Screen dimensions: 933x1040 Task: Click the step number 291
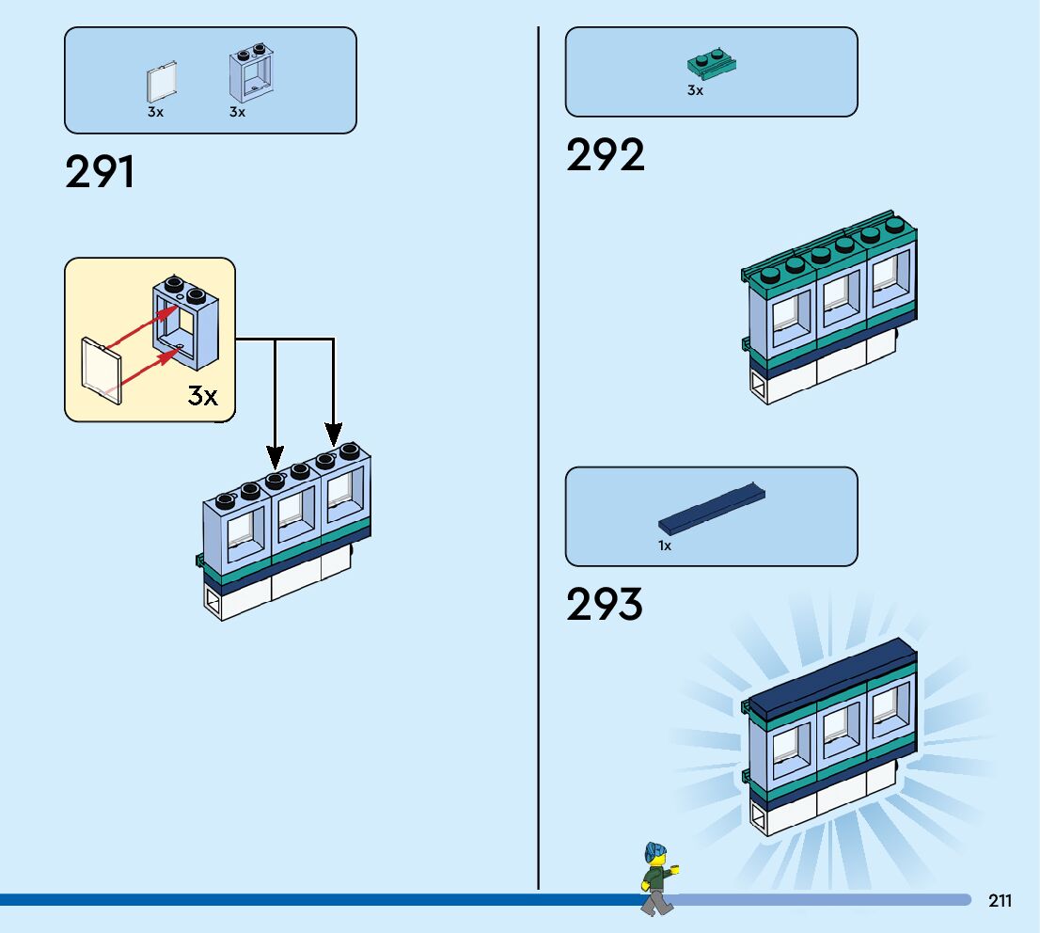tap(100, 173)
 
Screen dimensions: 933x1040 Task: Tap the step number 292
tap(606, 155)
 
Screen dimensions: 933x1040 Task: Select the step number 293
tap(605, 605)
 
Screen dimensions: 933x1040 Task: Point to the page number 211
tap(1000, 901)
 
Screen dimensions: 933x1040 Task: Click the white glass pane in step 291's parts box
tap(162, 83)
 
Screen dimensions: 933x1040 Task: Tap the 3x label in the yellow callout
tap(202, 396)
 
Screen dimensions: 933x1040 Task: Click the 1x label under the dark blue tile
tap(665, 546)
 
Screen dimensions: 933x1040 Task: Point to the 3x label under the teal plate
tap(695, 91)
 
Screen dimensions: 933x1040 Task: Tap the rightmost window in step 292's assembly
tap(886, 278)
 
